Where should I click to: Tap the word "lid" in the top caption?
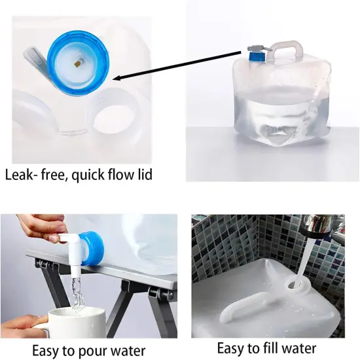[x=148, y=175]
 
